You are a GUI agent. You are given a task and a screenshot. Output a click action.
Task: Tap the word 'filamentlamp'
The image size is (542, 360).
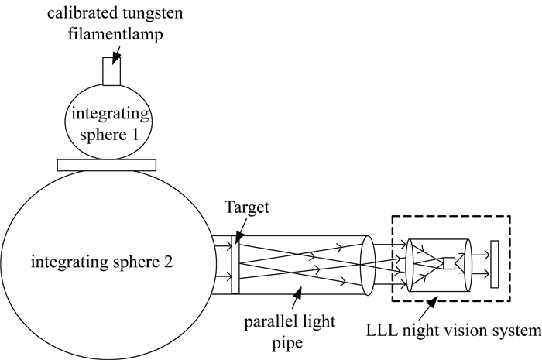pyautogui.click(x=115, y=34)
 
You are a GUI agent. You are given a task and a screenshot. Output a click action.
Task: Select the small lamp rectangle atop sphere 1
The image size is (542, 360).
pyautogui.click(x=111, y=71)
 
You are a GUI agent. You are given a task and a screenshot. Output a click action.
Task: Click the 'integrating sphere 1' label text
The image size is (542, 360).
pyautogui.click(x=110, y=124)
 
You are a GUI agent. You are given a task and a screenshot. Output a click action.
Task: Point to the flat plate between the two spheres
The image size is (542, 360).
pyautogui.click(x=107, y=165)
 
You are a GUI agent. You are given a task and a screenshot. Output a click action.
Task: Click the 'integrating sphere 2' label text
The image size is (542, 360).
pyautogui.click(x=102, y=262)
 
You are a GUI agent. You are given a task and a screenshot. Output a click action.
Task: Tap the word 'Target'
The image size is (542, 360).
pyautogui.click(x=247, y=207)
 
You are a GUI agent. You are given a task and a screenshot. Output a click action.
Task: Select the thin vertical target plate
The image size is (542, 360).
pyautogui.click(x=235, y=265)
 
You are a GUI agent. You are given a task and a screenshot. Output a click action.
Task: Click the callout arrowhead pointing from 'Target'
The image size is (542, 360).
pyautogui.click(x=239, y=238)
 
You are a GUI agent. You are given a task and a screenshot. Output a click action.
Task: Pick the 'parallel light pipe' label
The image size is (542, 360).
pyautogui.click(x=290, y=332)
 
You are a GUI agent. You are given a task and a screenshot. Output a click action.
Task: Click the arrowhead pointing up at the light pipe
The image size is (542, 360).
pyautogui.click(x=297, y=292)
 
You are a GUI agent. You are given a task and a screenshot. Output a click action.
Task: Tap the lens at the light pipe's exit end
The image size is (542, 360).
pyautogui.click(x=368, y=266)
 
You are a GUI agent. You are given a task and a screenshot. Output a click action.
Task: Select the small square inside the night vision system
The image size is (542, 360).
pyautogui.click(x=449, y=263)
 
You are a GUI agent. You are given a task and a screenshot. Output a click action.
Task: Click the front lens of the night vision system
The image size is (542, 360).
pyautogui.click(x=410, y=265)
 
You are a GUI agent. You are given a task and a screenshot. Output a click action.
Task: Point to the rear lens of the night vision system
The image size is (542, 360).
pyautogui.click(x=468, y=265)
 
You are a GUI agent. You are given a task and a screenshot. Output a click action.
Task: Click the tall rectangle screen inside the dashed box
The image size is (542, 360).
pyautogui.click(x=495, y=264)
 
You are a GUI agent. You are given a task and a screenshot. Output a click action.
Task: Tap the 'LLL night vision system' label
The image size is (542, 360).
pyautogui.click(x=454, y=331)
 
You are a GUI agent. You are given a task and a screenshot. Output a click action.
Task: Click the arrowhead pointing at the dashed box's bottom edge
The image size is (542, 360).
pyautogui.click(x=432, y=302)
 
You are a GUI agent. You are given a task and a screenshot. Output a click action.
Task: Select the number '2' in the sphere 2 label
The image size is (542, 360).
pyautogui.click(x=168, y=262)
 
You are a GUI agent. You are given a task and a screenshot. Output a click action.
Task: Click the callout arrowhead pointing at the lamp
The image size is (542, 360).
pyautogui.click(x=115, y=58)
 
